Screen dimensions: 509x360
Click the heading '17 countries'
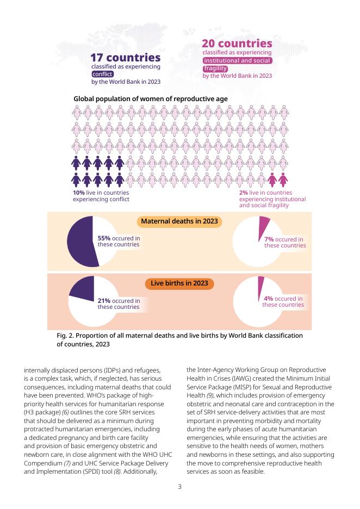click(x=125, y=58)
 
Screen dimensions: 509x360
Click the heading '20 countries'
click(x=237, y=43)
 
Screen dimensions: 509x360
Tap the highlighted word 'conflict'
click(x=102, y=74)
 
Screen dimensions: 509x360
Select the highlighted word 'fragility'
click(x=215, y=69)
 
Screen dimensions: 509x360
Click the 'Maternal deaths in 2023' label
click(x=179, y=221)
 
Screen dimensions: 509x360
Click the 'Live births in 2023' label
click(x=179, y=283)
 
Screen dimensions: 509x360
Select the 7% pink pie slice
click(x=264, y=222)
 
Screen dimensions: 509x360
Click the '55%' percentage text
click(x=104, y=238)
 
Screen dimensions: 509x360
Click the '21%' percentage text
click(x=104, y=301)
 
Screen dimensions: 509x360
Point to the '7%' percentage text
click(x=269, y=239)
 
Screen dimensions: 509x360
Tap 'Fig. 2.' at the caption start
click(x=66, y=336)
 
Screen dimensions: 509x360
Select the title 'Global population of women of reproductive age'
click(x=150, y=98)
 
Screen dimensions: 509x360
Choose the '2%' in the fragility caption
click(x=244, y=193)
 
